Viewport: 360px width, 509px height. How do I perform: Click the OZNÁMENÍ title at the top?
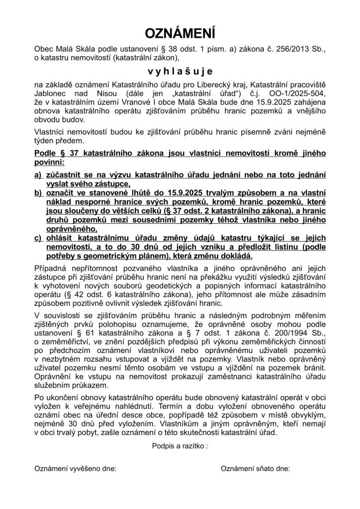[180, 33]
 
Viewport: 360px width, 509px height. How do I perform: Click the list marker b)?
[38, 193]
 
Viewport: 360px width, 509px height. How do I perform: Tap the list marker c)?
[38, 238]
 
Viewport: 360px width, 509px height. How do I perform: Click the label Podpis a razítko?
[180, 446]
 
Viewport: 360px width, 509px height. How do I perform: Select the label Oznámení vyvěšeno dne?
[75, 469]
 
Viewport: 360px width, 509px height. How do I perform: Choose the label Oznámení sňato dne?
[255, 469]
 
